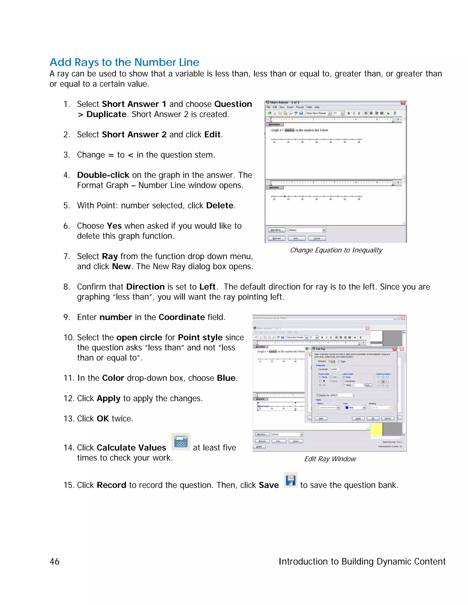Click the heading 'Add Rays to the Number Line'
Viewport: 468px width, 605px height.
125,62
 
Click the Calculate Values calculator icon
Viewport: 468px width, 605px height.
181,441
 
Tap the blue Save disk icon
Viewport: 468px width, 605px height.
291,480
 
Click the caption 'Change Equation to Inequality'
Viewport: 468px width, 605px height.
336,250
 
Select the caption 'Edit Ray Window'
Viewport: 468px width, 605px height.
330,459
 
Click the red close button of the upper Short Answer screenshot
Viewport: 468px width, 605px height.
403,103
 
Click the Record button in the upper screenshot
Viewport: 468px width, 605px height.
277,238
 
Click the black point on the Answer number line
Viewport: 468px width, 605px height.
285,196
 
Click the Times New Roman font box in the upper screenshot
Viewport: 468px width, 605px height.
316,113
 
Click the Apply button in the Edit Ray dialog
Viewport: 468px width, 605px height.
358,418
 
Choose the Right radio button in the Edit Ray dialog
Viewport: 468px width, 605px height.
339,361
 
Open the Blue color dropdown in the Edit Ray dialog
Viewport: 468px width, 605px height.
364,408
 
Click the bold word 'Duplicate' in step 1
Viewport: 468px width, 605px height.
106,114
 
